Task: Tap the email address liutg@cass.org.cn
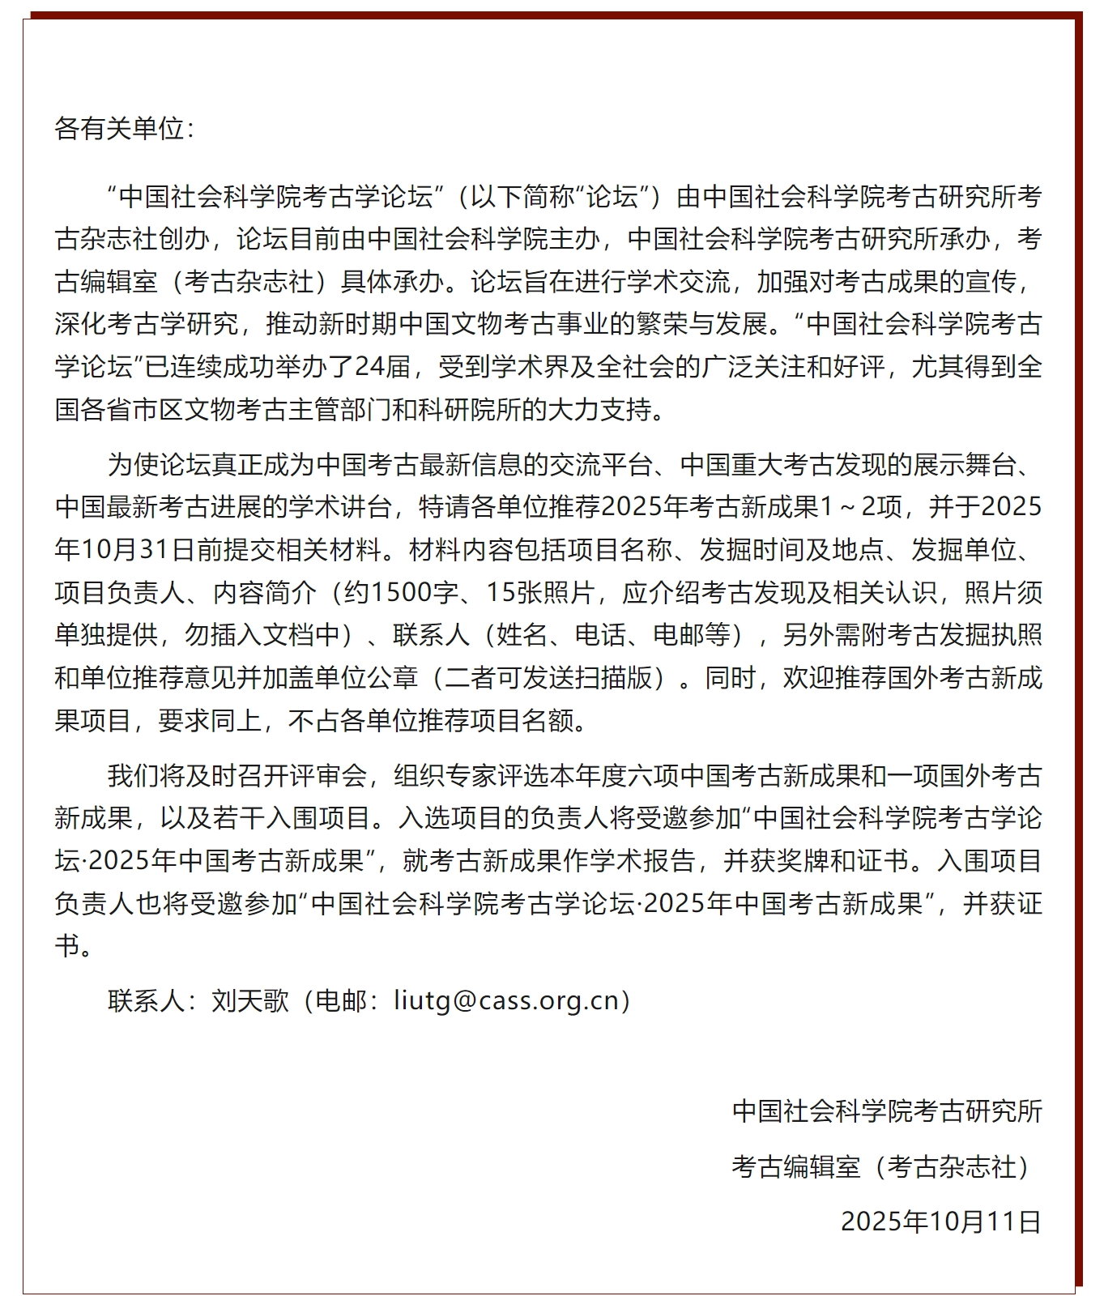coord(506,1001)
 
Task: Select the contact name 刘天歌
coord(249,1001)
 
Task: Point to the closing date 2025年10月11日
coord(940,1221)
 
